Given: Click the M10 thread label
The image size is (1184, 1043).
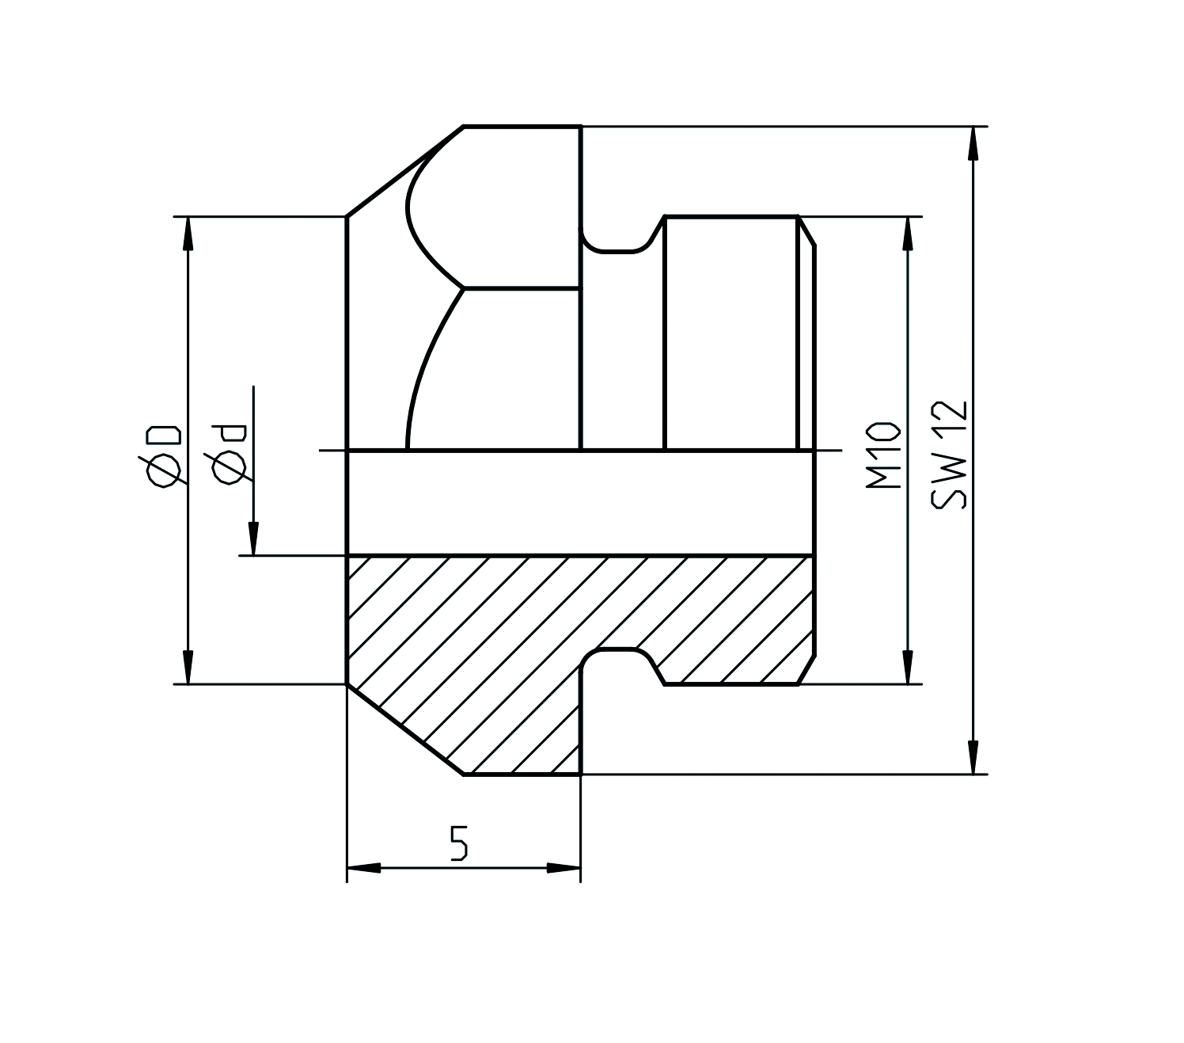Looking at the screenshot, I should click(885, 455).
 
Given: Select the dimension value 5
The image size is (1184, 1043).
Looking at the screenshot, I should click(459, 843).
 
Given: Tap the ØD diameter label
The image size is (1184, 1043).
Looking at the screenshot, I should click(163, 456).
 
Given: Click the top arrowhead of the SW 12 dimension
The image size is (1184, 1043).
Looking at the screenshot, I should click(973, 143).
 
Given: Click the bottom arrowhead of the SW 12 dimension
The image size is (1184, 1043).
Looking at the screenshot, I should click(973, 758).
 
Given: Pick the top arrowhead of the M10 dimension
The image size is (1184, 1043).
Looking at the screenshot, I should click(908, 232).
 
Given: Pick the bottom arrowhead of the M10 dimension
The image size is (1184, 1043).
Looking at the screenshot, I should click(908, 668).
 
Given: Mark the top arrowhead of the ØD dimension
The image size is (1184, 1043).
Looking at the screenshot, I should click(188, 232).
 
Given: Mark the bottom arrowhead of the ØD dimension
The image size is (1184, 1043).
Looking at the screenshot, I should click(188, 668).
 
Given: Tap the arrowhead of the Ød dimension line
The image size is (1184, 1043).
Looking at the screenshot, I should click(253, 540).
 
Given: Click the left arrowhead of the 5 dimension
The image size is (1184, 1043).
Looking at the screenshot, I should click(364, 869).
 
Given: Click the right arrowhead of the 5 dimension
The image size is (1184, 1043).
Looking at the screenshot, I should click(564, 869).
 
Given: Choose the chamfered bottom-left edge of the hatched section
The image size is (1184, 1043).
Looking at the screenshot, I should click(404, 729).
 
